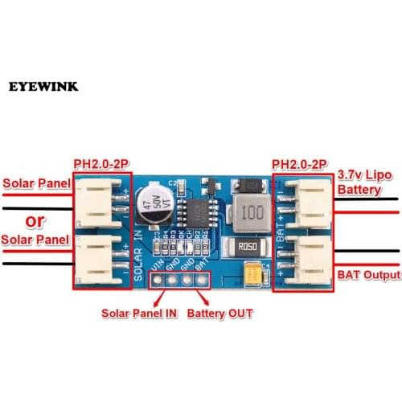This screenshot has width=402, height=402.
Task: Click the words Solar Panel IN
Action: (x=138, y=314)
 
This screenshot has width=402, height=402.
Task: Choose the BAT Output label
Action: (x=368, y=275)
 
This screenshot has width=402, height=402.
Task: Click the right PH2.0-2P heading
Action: (x=300, y=165)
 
